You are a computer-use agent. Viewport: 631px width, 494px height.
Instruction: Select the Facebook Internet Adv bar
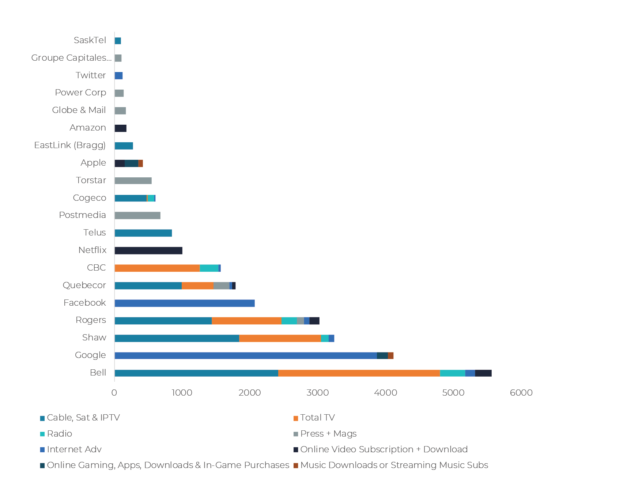[x=184, y=303]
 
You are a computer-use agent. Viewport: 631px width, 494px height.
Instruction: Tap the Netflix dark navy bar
[x=148, y=250]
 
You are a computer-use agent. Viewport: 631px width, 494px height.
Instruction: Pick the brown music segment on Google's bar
[x=390, y=355]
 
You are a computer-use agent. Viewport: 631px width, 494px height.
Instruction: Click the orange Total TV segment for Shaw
[x=280, y=338]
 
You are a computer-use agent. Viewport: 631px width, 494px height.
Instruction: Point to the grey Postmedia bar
[x=137, y=215]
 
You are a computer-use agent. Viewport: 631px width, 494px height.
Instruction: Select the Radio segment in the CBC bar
[x=209, y=268]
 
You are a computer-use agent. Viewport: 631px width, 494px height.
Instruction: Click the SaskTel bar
[x=118, y=41]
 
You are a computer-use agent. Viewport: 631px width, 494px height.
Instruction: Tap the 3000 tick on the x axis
[x=317, y=393]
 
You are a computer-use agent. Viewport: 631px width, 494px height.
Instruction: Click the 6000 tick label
[x=521, y=393]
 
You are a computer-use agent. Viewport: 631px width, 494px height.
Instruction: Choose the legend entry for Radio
[x=59, y=434]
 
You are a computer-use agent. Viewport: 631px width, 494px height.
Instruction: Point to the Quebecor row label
[x=84, y=285]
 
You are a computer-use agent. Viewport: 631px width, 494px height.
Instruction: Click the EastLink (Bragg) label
[x=70, y=145]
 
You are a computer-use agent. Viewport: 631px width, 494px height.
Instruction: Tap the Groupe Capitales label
[x=71, y=58]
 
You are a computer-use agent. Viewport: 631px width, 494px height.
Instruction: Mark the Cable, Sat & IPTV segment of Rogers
[x=163, y=321]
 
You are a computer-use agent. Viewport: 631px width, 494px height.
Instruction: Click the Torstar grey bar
[x=133, y=181]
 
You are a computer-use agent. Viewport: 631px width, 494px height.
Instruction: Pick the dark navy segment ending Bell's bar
[x=483, y=373]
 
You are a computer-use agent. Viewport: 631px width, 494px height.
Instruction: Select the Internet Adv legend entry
[x=74, y=449]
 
